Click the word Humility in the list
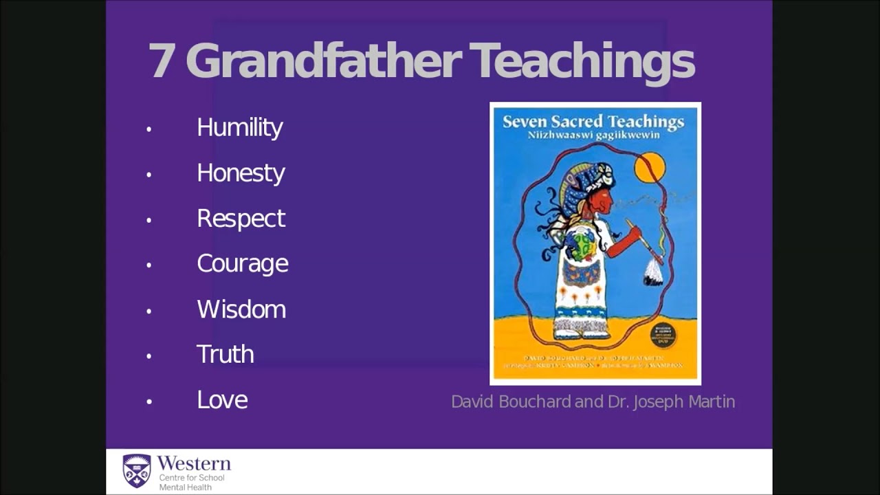(x=239, y=128)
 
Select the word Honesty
(x=241, y=173)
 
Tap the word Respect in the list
(x=241, y=219)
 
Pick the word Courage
(x=242, y=264)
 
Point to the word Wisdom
(x=241, y=309)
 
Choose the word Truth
(x=225, y=355)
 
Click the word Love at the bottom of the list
(x=222, y=400)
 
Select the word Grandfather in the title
(x=323, y=61)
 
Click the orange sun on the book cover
(x=650, y=167)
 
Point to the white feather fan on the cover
(x=652, y=273)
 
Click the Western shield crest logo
(x=136, y=471)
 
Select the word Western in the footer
(x=194, y=463)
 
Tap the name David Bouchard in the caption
(x=511, y=401)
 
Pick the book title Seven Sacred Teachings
(x=593, y=122)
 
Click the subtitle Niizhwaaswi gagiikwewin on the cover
(x=593, y=135)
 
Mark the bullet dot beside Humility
(x=148, y=129)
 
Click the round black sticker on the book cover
(x=663, y=335)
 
